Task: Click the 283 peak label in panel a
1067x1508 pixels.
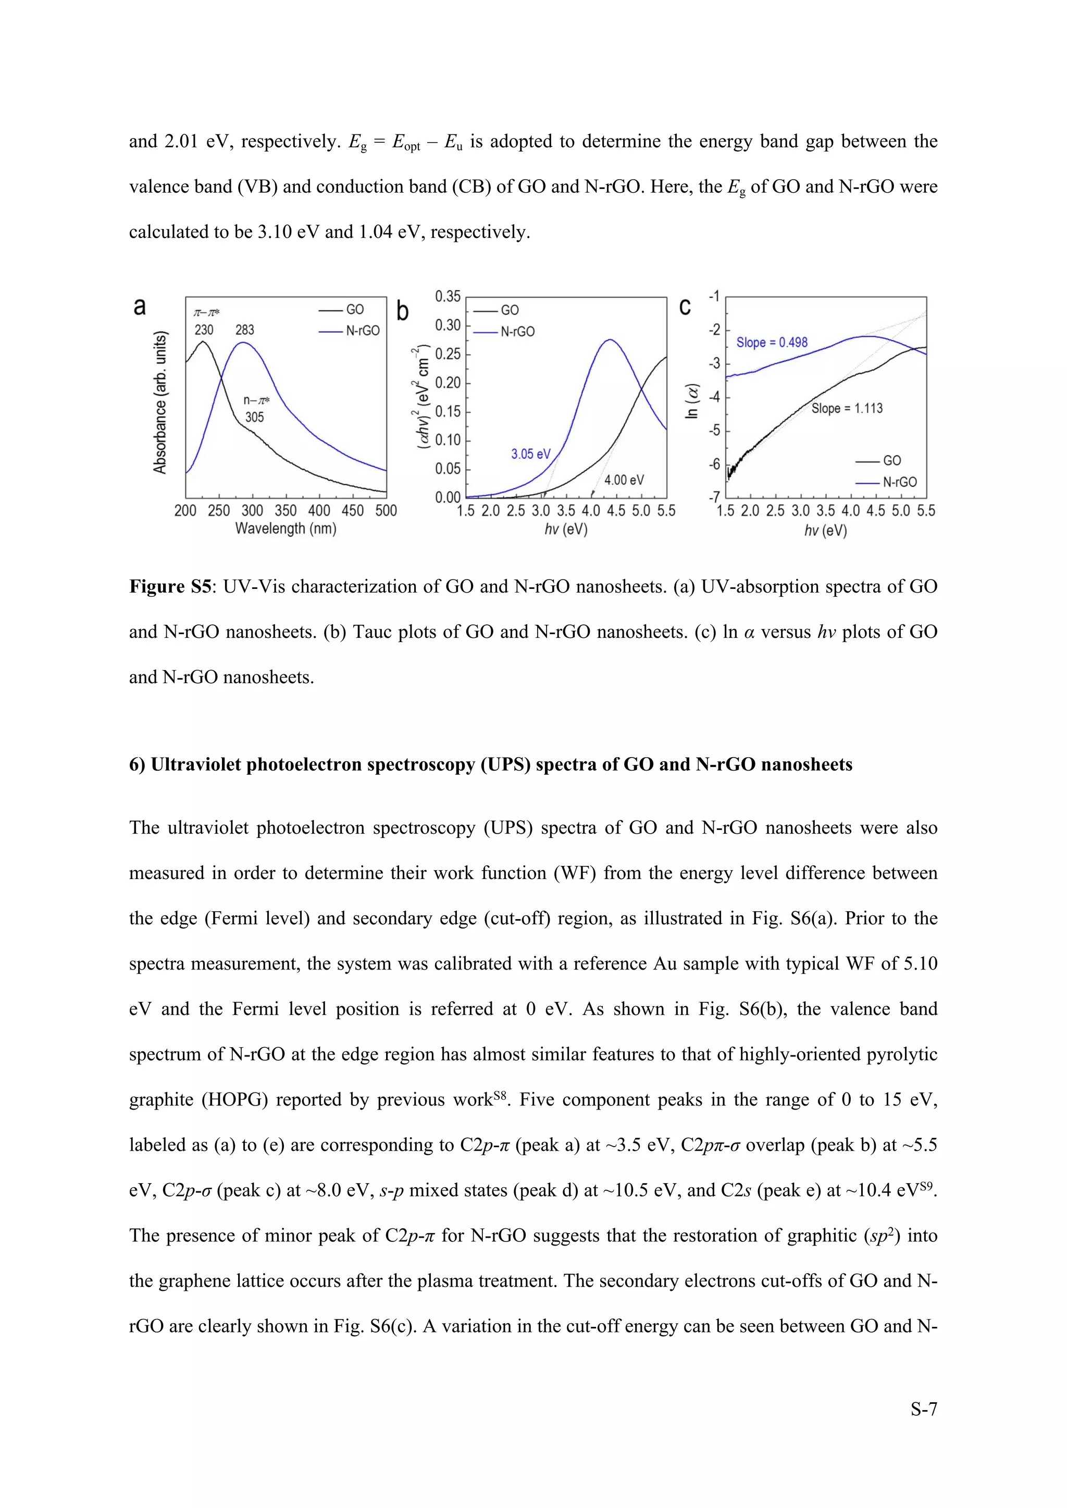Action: pos(244,330)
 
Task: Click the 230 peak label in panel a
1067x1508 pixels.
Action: pos(204,330)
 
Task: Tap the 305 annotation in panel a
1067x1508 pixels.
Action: pos(254,417)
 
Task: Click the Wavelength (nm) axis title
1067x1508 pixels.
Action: pos(286,529)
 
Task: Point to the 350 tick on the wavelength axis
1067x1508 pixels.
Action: pos(286,511)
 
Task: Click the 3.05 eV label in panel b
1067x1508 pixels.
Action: pos(531,454)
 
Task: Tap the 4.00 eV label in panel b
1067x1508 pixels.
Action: pos(624,480)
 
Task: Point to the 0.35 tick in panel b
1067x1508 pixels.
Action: pos(448,296)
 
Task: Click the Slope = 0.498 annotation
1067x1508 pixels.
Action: pos(772,342)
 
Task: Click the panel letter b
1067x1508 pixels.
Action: pos(402,312)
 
